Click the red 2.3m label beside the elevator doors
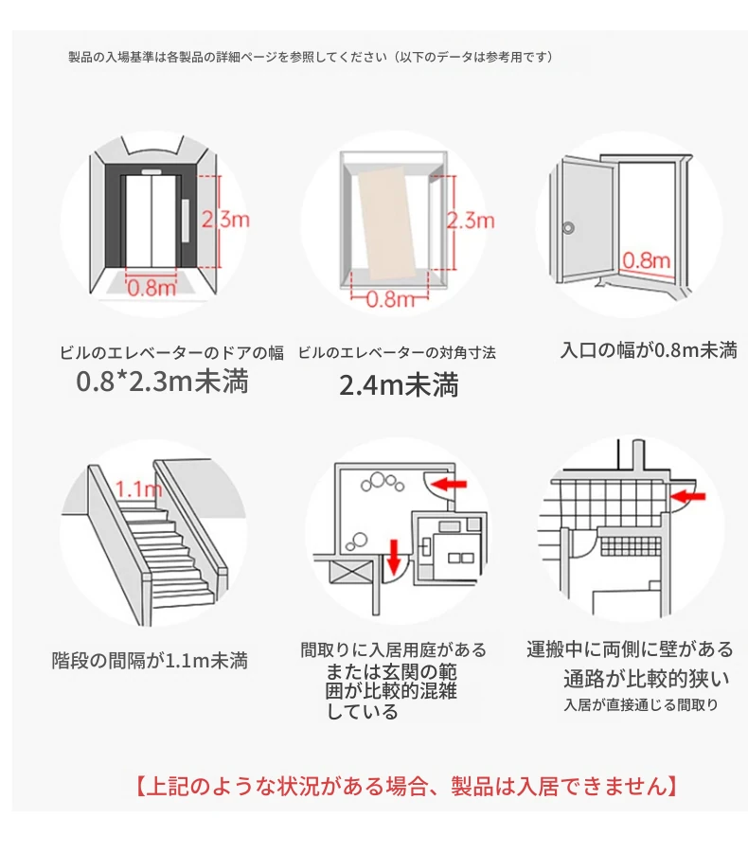coord(225,220)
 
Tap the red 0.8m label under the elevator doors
coord(151,288)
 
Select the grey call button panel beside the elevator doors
coord(186,221)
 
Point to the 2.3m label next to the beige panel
coord(471,221)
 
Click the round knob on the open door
coord(568,227)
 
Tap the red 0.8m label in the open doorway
coord(647,260)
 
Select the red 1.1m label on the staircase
coord(139,489)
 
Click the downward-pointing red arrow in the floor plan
coord(396,556)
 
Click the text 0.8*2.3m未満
coord(162,382)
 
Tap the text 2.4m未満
coord(399,385)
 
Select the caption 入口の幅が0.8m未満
coord(649,350)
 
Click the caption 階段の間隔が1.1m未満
coord(150,661)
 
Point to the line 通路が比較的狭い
coord(646,679)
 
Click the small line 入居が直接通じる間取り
coord(641,705)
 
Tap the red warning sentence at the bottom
coord(406,787)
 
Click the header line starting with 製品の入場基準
coord(311,57)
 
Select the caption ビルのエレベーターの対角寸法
coord(397,353)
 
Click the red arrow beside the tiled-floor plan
coord(688,495)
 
